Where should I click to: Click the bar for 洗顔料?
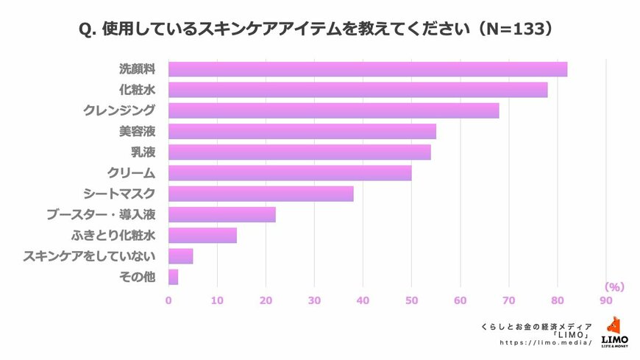pyautogui.click(x=368, y=69)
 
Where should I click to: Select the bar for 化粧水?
pyautogui.click(x=358, y=90)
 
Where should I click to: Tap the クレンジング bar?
pyautogui.click(x=333, y=110)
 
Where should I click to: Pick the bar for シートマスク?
pyautogui.click(x=260, y=194)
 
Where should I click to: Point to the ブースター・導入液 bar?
pyautogui.click(x=221, y=214)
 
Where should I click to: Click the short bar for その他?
pyautogui.click(x=173, y=277)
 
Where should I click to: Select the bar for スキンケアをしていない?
pyautogui.click(x=180, y=256)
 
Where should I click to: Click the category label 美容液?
pyautogui.click(x=138, y=132)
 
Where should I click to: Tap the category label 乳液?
pyautogui.click(x=143, y=152)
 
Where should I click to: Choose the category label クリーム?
pyautogui.click(x=132, y=173)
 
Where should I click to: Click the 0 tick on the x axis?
pyautogui.click(x=168, y=300)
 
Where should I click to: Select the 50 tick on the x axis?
pyautogui.click(x=411, y=300)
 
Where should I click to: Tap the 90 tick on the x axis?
pyautogui.click(x=605, y=300)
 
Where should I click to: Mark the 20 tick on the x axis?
pyautogui.click(x=266, y=300)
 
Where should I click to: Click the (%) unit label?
pyautogui.click(x=614, y=286)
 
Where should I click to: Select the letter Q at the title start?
pyautogui.click(x=85, y=30)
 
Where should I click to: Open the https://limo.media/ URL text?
pyautogui.click(x=546, y=343)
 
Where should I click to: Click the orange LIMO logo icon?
pyautogui.click(x=614, y=327)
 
